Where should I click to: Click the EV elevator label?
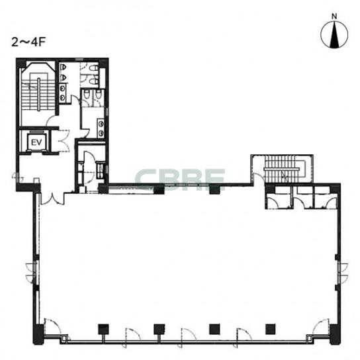[x=36, y=142]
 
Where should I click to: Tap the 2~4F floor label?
[x=28, y=42]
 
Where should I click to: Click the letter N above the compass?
[x=334, y=17]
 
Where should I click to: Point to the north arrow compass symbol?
[x=334, y=34]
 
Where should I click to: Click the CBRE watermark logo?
[x=180, y=179]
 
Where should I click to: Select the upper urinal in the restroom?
[x=64, y=67]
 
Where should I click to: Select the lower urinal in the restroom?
[x=64, y=77]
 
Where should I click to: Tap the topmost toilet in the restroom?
[x=93, y=68]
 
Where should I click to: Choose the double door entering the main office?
[x=52, y=199]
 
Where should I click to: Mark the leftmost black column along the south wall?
[x=103, y=330]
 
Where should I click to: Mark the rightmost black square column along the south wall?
[x=271, y=329]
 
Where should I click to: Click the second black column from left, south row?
[x=159, y=330]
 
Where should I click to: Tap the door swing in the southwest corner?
[x=52, y=326]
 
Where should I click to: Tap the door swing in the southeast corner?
[x=322, y=326]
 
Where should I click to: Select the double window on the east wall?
[x=343, y=273]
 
